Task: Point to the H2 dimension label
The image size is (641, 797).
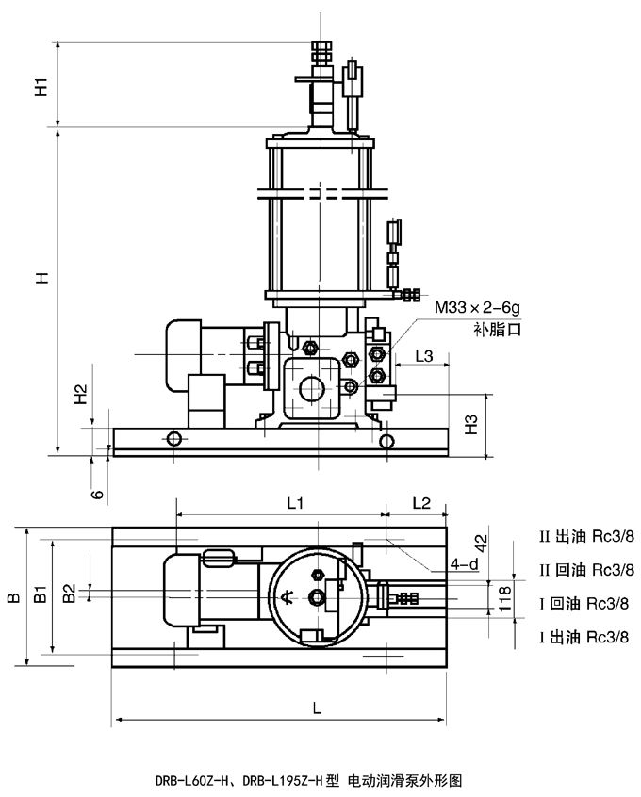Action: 82,394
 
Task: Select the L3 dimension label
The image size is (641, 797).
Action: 425,355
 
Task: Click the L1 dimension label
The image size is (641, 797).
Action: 295,503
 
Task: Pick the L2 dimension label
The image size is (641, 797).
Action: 421,503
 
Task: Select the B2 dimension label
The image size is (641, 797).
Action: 68,593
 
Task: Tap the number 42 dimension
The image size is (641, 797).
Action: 505,544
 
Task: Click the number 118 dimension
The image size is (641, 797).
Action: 505,595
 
